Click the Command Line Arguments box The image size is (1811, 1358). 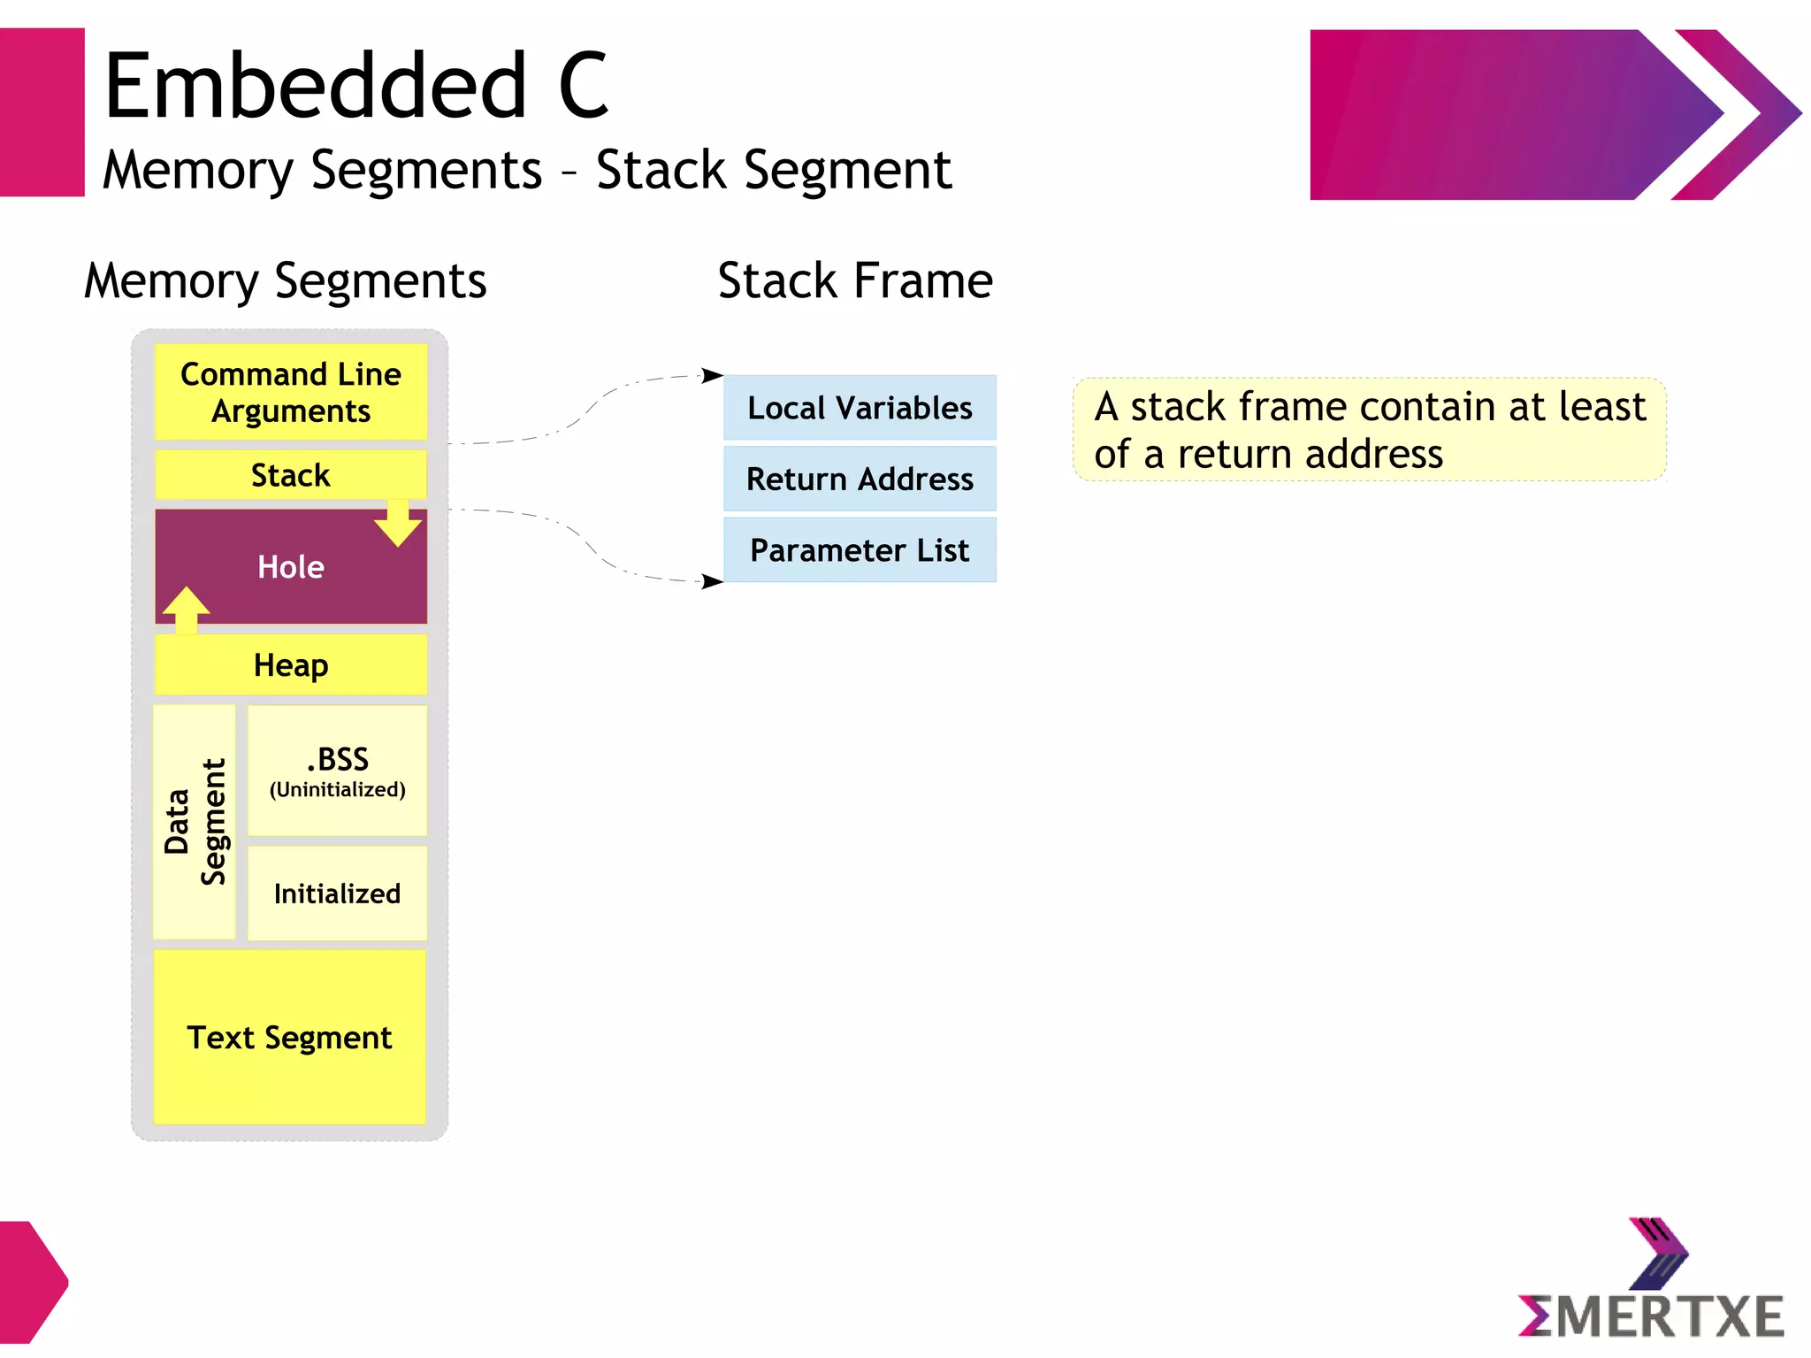click(290, 392)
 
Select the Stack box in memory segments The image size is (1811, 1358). click(290, 475)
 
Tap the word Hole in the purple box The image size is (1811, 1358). click(290, 567)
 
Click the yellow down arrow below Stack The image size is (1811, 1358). click(398, 523)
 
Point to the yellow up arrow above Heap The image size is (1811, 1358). click(186, 610)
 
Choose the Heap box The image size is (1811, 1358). click(290, 664)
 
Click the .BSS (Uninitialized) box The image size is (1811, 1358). click(337, 771)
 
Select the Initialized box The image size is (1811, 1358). click(337, 894)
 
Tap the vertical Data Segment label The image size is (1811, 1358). click(195, 821)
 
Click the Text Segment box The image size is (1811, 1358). click(289, 1037)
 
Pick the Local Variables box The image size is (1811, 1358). click(860, 408)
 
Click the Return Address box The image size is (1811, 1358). click(860, 479)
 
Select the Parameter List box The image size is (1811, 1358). click(860, 550)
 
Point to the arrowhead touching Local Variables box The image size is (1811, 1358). click(713, 375)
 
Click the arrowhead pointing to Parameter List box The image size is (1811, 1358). click(713, 581)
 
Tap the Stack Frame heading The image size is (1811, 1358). click(855, 280)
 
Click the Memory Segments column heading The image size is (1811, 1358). click(285, 280)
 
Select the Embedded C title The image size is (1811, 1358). click(355, 86)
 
